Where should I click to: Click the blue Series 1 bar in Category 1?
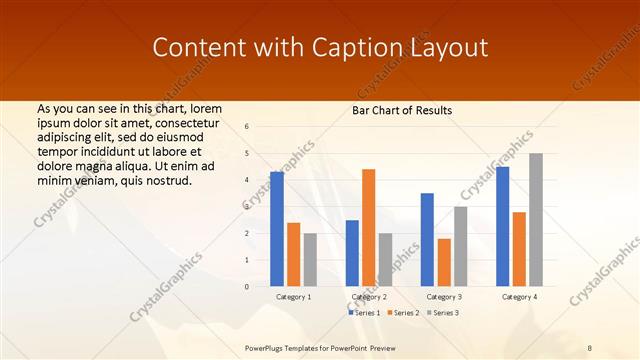[277, 229]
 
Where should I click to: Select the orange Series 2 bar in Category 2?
[368, 227]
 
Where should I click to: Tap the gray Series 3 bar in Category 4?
[536, 220]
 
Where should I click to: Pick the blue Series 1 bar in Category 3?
[427, 239]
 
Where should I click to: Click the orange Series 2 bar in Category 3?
[444, 262]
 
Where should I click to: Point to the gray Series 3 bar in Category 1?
[310, 259]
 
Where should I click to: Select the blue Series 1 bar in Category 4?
[502, 226]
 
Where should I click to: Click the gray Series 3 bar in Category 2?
[385, 259]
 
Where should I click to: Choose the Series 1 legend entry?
[363, 313]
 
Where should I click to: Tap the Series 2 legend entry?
[402, 313]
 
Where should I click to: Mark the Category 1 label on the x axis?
[293, 297]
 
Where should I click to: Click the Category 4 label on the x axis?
[519, 297]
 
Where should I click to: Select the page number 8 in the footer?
[590, 347]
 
